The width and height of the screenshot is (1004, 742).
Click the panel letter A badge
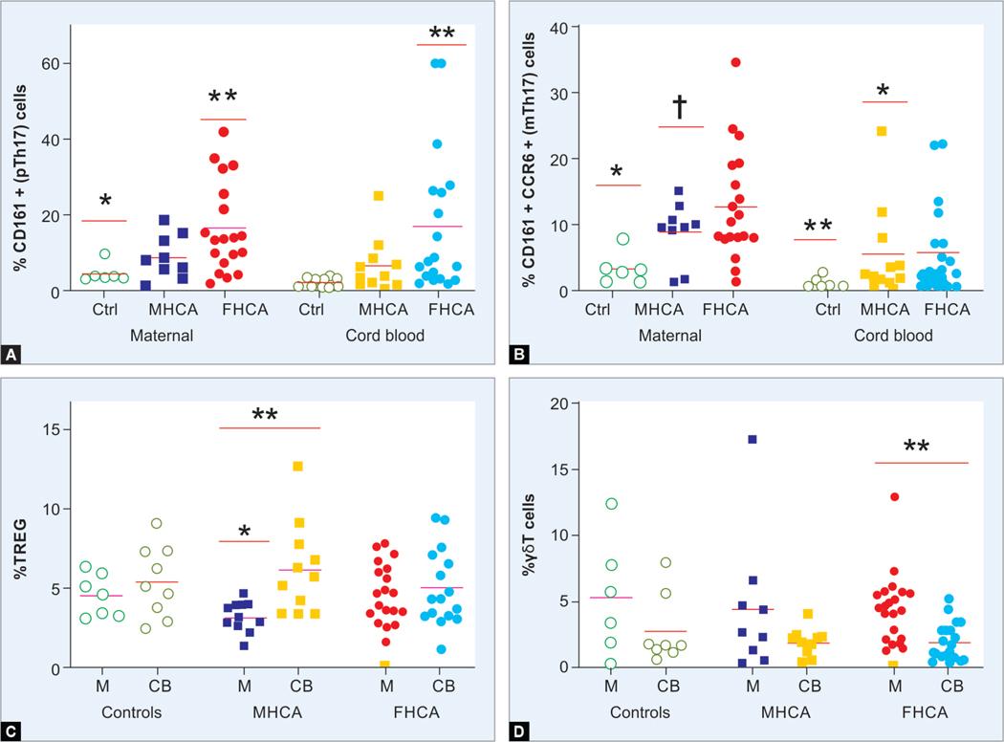tap(12, 355)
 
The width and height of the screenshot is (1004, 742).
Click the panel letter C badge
tap(12, 732)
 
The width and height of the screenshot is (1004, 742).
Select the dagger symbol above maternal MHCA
tap(680, 106)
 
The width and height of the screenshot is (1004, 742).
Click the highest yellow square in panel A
tap(379, 196)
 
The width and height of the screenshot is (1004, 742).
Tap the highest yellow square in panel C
tap(297, 466)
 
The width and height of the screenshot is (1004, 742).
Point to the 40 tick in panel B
tap(555, 26)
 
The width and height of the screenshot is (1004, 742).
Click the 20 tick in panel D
tap(555, 403)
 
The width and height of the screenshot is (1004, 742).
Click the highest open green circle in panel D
tap(611, 504)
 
